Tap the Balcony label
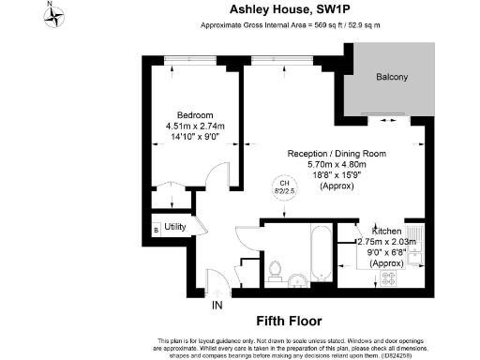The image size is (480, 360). (391, 77)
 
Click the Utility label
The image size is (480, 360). (175, 228)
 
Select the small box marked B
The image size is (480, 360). (155, 229)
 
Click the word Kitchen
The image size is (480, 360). (387, 231)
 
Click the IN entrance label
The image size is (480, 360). (217, 306)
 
